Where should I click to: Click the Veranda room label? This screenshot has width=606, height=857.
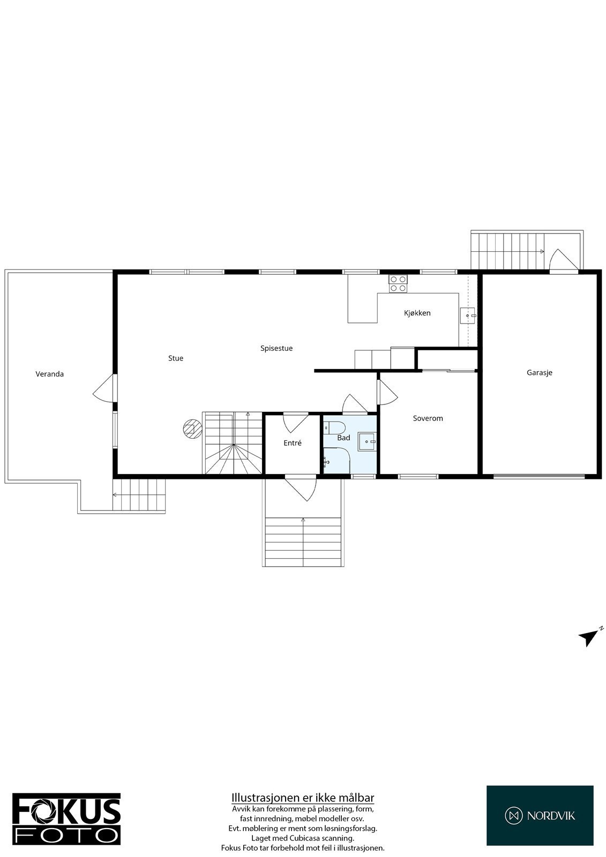coord(50,374)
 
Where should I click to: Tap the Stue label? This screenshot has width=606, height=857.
coord(176,358)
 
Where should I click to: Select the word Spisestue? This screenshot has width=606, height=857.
coord(276,348)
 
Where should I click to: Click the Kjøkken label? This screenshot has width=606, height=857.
coord(417,313)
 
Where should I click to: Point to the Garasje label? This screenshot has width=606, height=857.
coord(539,372)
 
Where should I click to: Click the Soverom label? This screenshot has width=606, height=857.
coord(428,418)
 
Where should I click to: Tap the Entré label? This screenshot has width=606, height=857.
coord(293,443)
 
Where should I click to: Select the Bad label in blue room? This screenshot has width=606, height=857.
coord(343,438)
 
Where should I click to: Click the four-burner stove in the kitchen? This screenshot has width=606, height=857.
coord(398,283)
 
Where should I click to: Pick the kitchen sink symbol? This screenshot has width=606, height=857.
coord(468,316)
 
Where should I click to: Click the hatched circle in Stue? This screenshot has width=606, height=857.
coord(190,428)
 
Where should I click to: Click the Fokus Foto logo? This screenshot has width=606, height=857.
coord(66,818)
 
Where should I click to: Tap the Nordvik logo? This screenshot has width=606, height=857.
coord(540,815)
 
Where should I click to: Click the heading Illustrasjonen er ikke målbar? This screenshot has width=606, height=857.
coord(303,798)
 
